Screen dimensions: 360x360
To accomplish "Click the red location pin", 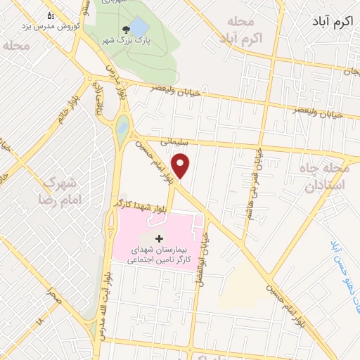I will [182, 166].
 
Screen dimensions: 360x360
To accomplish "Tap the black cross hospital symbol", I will [158, 239].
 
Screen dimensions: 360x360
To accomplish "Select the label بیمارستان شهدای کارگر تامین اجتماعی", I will [158, 255].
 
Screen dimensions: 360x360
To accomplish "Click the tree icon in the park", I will [125, 30].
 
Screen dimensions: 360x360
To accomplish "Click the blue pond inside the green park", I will [139, 26].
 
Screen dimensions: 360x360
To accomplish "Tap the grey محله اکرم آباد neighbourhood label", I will [241, 31].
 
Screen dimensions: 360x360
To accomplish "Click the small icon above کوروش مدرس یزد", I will [50, 15].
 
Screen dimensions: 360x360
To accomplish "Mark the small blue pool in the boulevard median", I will [122, 129].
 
